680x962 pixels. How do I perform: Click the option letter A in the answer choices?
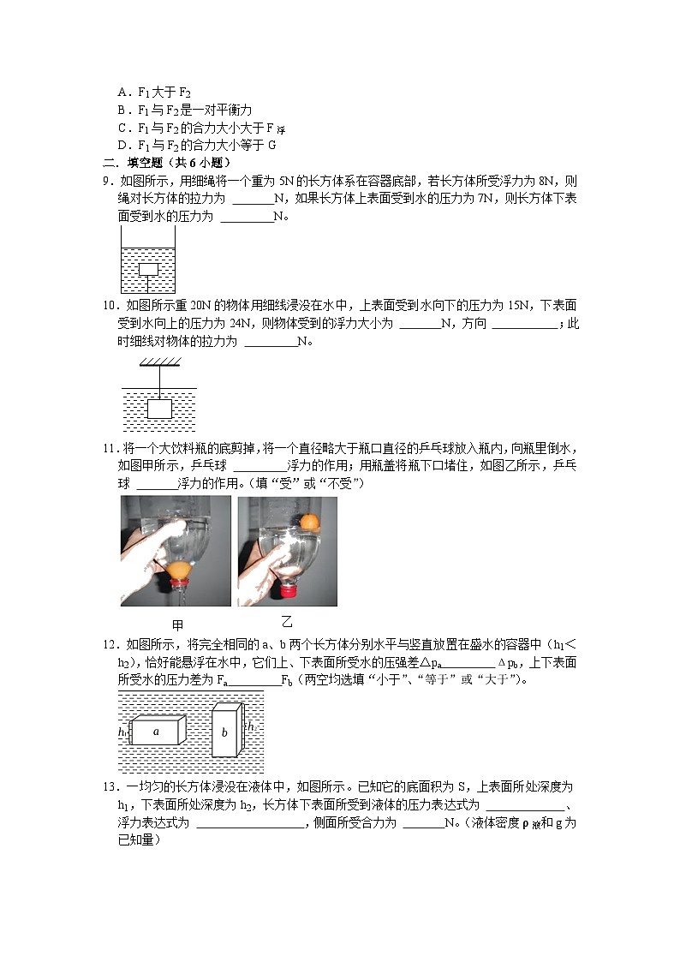point(122,93)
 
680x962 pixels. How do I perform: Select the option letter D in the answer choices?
point(122,145)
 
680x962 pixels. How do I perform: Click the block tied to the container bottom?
point(149,270)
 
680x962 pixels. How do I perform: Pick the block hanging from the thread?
point(159,409)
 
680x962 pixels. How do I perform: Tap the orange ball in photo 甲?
point(179,570)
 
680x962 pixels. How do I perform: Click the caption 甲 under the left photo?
point(177,624)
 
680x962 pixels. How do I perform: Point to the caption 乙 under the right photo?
point(287,622)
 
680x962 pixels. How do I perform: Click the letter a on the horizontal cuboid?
point(156,732)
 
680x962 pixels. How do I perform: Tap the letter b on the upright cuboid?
point(224,733)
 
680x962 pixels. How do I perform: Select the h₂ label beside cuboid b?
point(253,726)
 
